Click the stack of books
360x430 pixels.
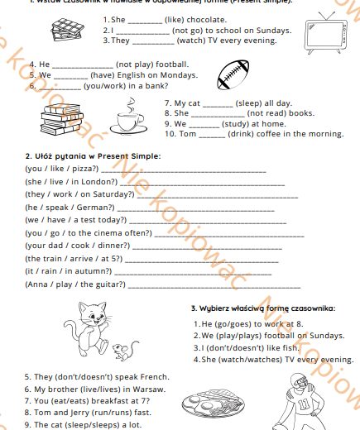(x=55, y=120)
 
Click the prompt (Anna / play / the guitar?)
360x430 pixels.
(x=75, y=284)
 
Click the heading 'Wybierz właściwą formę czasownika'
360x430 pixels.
(x=262, y=308)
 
